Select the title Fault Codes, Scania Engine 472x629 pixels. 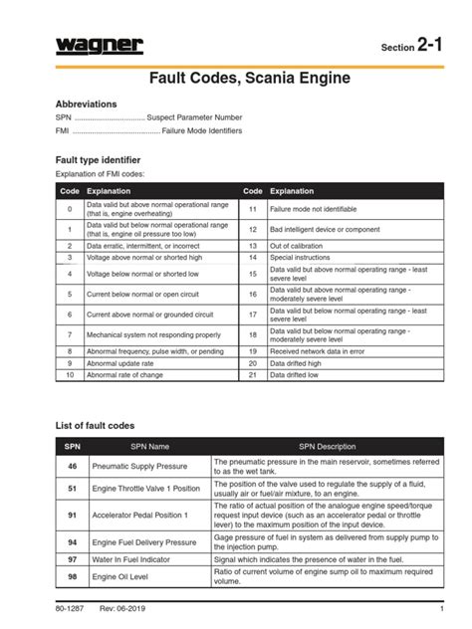[x=236, y=77]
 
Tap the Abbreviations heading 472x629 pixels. [x=87, y=104]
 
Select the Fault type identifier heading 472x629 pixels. [x=98, y=160]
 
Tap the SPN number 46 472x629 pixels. [x=72, y=466]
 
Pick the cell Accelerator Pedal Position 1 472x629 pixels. [x=144, y=515]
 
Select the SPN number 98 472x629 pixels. [x=72, y=577]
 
